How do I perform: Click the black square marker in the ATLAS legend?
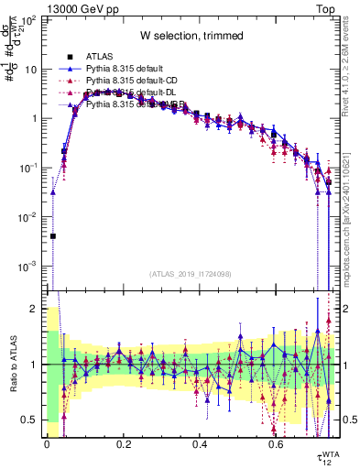click(71, 57)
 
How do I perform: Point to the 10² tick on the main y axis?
click(28, 19)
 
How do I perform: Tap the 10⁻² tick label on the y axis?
click(28, 217)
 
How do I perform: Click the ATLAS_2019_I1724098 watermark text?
click(191, 274)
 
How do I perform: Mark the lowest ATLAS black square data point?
click(53, 235)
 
